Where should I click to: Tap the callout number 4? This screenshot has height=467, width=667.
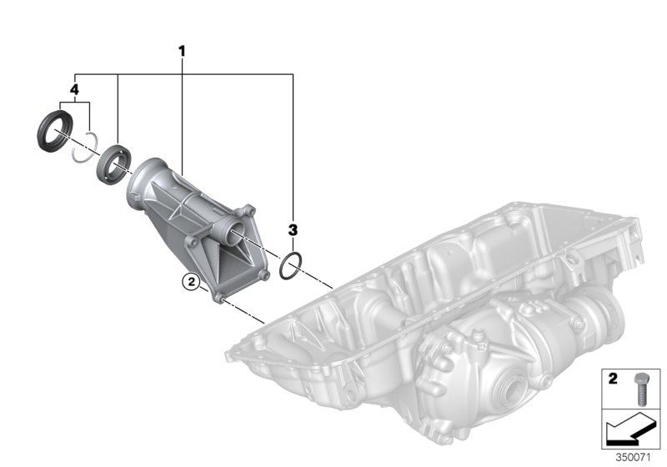click(74, 88)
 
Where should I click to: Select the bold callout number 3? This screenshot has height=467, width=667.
click(293, 228)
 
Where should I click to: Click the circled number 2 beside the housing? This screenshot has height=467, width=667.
click(192, 283)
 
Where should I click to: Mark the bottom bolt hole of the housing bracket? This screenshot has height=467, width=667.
click(220, 294)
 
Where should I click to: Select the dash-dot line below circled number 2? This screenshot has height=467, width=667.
click(244, 311)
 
